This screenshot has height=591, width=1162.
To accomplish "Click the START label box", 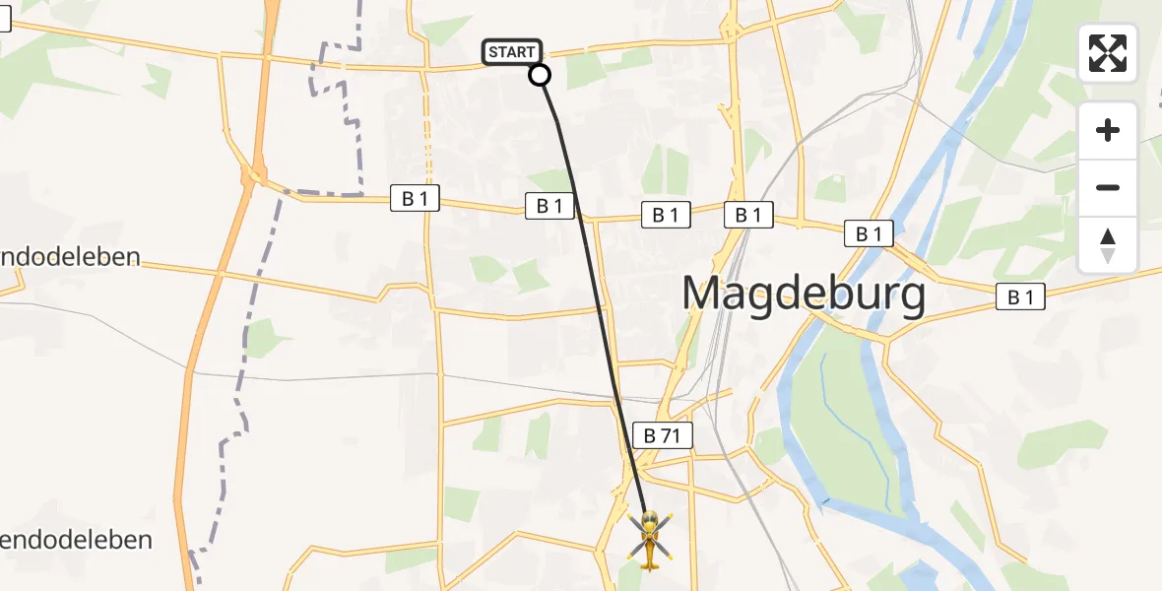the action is (512, 52).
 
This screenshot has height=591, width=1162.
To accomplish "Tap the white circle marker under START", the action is (540, 75).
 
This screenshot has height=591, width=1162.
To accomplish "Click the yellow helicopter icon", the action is (650, 539).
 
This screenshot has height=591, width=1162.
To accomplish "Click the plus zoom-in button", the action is (1108, 130).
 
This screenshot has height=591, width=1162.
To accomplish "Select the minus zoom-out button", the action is (1108, 188).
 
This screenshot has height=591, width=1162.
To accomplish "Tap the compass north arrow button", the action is (1108, 245).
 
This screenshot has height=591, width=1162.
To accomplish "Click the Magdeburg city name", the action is (804, 295).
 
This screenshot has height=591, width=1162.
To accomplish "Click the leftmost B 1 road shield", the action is (415, 198).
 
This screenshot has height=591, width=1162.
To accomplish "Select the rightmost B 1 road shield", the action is (1020, 296).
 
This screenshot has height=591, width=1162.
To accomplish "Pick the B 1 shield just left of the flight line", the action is (549, 206).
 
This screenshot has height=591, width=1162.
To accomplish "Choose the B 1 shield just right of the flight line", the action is (666, 215).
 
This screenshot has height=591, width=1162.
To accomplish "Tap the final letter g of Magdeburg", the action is (911, 298).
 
